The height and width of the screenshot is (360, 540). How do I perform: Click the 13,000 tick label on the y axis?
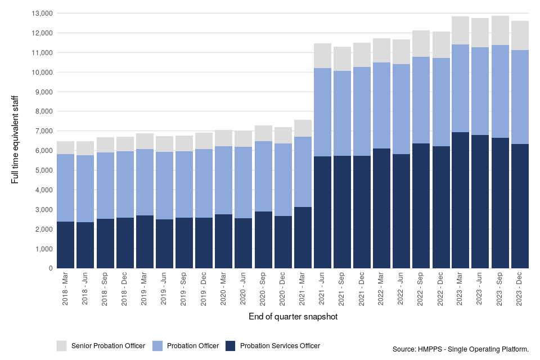click(42, 13)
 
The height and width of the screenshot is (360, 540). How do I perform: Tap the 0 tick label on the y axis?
click(51, 268)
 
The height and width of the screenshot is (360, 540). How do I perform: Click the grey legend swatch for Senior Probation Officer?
click(61, 345)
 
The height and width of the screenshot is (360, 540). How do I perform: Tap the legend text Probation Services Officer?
click(280, 346)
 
